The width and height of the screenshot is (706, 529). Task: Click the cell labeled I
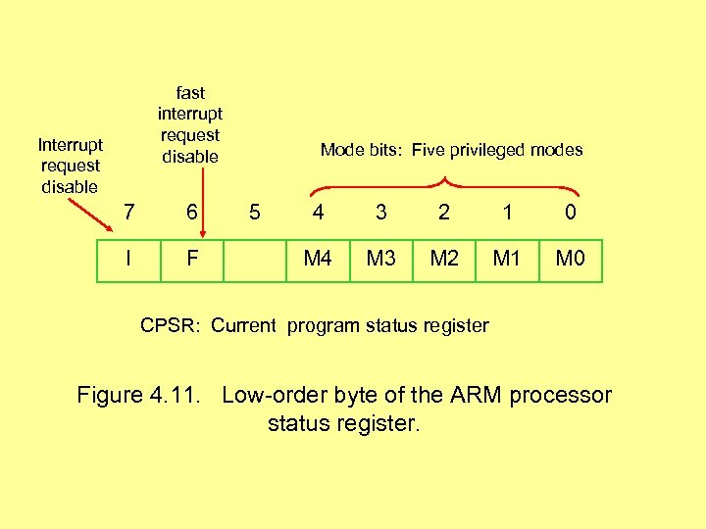coord(128,260)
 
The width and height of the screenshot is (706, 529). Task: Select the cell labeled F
coord(192,260)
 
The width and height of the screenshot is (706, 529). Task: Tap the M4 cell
coord(317,260)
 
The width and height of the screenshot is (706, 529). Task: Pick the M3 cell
coord(380,260)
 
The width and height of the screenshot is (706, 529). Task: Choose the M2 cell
coord(444,260)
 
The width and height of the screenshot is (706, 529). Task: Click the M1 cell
coord(507,260)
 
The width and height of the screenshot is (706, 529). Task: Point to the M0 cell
coord(571,260)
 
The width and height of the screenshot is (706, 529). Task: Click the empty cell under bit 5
coord(254,261)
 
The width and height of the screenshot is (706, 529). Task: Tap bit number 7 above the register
coord(128,211)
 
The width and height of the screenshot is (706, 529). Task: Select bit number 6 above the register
coord(192,211)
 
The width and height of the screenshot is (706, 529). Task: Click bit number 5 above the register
coord(255,211)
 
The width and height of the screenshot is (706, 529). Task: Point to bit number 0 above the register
coord(571,211)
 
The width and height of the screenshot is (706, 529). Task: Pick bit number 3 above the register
coord(380,211)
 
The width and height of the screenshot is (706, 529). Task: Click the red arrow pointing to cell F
coord(202,201)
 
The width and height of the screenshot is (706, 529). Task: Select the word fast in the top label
coord(190,93)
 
